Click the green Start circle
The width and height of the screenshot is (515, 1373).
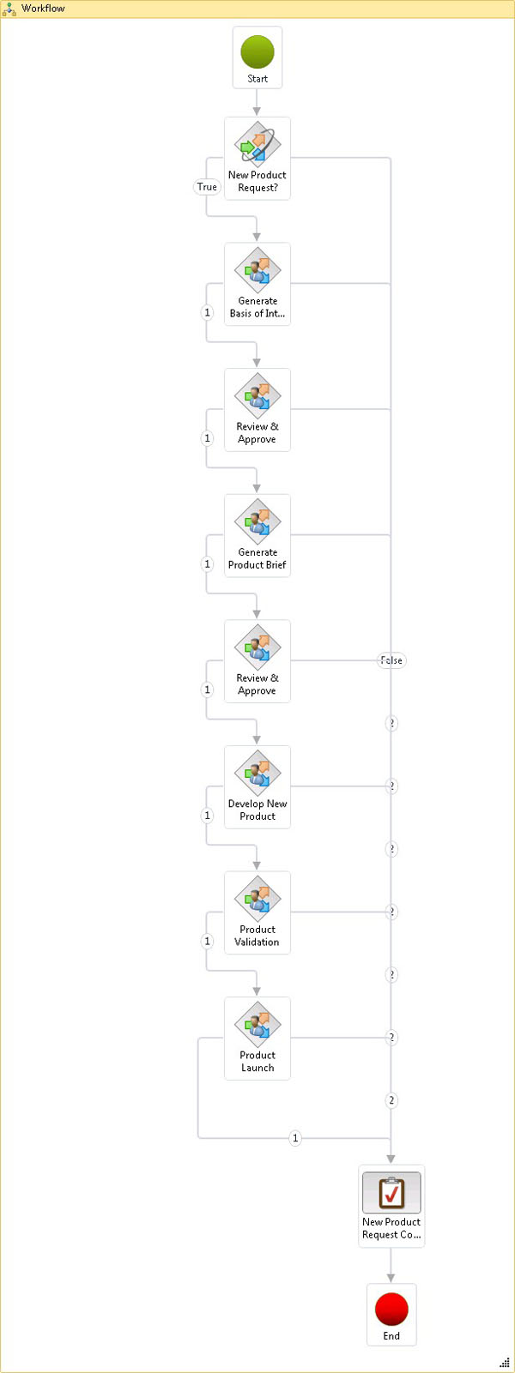click(x=257, y=51)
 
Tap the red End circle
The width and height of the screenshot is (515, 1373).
click(x=391, y=1309)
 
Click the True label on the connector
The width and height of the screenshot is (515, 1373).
click(x=207, y=187)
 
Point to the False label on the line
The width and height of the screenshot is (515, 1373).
click(x=391, y=660)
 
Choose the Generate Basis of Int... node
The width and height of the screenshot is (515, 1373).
click(x=257, y=283)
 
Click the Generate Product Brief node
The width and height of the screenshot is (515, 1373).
click(x=257, y=534)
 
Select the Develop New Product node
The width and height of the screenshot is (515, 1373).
click(x=257, y=786)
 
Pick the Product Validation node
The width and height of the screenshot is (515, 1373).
click(x=257, y=912)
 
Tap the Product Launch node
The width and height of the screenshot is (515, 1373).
click(x=257, y=1037)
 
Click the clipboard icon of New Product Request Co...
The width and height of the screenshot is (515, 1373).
click(x=391, y=1192)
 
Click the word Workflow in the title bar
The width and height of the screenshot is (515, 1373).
click(x=43, y=9)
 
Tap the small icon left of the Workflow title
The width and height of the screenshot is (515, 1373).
click(x=9, y=9)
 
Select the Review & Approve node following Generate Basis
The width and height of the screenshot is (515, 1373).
click(x=257, y=409)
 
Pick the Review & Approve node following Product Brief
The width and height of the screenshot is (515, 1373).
click(x=257, y=660)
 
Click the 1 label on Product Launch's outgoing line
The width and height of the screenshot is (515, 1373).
click(x=295, y=1138)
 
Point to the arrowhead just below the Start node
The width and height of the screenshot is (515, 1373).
click(x=257, y=111)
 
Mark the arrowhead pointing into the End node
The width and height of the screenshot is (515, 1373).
click(x=391, y=1278)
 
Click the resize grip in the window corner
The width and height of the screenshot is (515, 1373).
click(x=505, y=1363)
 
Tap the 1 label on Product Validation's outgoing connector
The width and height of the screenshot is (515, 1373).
click(x=207, y=941)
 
